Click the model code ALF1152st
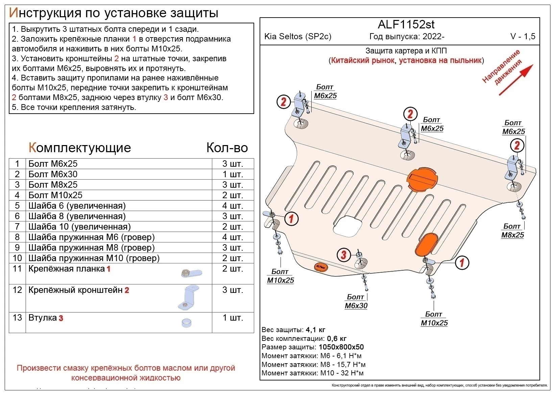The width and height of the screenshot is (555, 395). [x=406, y=24]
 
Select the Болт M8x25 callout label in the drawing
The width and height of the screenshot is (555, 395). [x=512, y=231]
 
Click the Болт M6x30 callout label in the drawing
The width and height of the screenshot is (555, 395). [x=356, y=301]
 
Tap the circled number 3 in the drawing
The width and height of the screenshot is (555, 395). [x=344, y=254]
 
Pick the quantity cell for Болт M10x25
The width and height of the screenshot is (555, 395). [x=233, y=195]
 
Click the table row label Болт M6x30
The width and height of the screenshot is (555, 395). [x=53, y=174]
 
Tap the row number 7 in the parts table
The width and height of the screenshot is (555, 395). [x=17, y=227]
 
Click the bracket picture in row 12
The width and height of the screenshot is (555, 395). [x=188, y=298]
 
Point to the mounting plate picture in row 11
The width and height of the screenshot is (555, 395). [x=191, y=273]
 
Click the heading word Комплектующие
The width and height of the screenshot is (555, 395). [x=80, y=148]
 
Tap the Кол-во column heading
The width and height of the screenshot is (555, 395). [x=227, y=148]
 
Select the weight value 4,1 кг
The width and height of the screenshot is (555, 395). [x=315, y=330]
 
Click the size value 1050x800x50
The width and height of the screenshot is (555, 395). [x=341, y=347]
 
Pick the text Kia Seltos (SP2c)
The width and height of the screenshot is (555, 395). [x=297, y=37]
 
